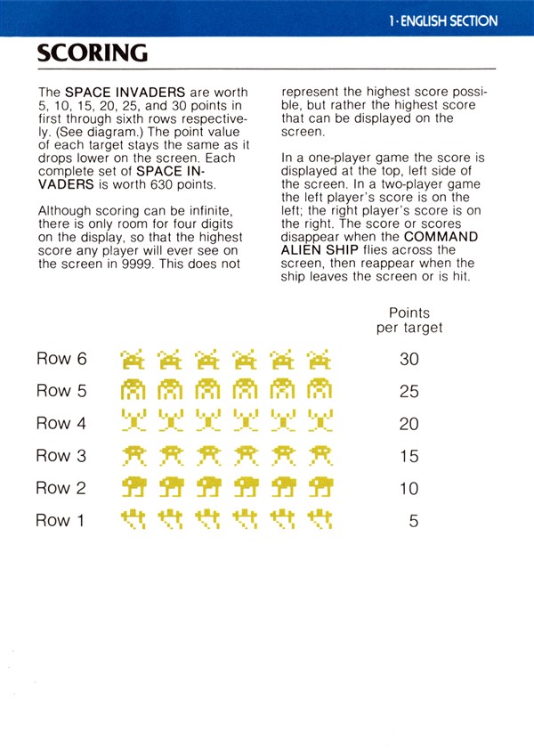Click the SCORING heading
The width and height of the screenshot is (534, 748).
(x=92, y=53)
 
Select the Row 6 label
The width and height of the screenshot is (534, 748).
(x=61, y=359)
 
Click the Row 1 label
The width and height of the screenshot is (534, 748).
(x=60, y=520)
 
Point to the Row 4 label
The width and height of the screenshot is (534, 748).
(x=61, y=424)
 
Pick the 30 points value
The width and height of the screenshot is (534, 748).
(x=409, y=360)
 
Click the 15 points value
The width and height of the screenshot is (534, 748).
(x=409, y=456)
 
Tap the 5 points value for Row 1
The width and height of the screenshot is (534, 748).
(x=413, y=521)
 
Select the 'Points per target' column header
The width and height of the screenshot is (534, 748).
(x=409, y=321)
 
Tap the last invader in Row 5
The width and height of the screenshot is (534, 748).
(x=319, y=392)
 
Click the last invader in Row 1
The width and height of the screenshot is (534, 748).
(x=319, y=520)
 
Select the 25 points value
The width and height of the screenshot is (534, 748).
(x=409, y=392)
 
